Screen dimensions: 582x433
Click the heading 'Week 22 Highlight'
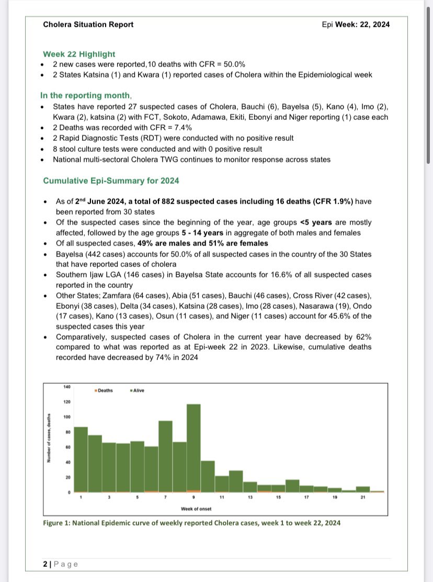click(79, 54)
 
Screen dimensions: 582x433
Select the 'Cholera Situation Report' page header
click(88, 24)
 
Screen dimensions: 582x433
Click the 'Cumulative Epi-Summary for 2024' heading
click(111, 181)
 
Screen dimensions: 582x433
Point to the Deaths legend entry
click(104, 390)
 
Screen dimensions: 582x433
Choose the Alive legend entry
click(138, 390)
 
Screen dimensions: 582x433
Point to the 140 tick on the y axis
click(66, 387)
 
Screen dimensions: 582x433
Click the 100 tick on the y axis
click(66, 417)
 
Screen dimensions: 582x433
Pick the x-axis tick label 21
click(362, 497)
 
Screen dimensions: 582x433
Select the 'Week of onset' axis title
click(193, 509)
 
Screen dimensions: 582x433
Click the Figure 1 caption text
click(192, 522)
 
